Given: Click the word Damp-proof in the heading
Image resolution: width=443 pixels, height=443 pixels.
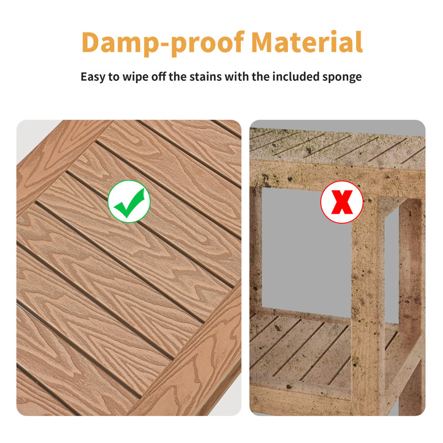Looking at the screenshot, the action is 163,43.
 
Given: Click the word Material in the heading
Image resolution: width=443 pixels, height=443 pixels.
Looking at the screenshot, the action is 307,42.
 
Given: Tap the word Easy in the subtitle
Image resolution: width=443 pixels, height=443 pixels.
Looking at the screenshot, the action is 92,77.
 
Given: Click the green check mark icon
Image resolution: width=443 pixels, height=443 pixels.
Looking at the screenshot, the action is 129,202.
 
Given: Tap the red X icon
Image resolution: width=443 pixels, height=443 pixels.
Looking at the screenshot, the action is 342,202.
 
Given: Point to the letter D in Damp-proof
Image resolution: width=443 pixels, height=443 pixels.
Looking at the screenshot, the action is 91,42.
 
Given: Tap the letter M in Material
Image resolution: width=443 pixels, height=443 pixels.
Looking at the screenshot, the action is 265,42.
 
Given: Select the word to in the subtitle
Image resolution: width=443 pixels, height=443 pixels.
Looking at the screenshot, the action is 114,77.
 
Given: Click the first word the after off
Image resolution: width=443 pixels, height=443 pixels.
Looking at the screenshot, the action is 177,76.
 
